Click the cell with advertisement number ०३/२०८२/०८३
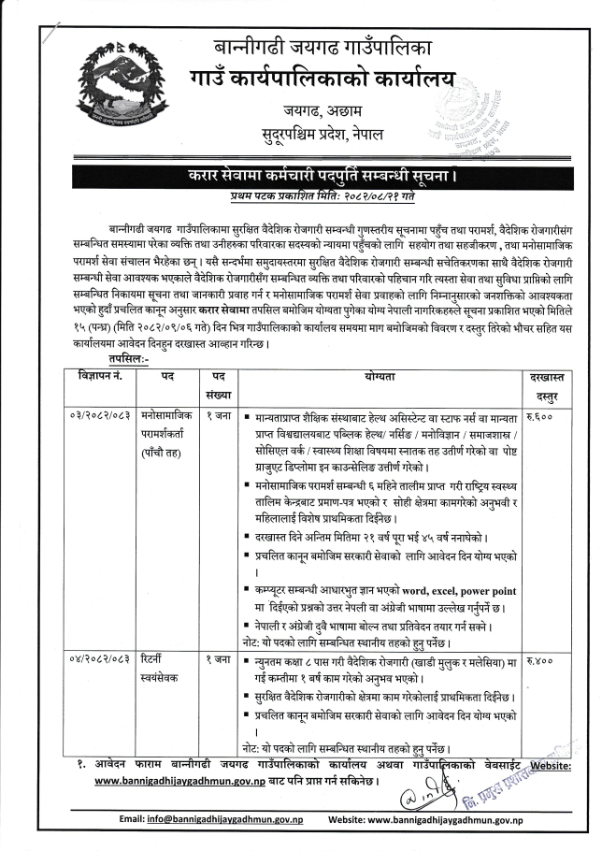point(96,413)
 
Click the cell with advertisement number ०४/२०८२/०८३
point(96,661)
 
